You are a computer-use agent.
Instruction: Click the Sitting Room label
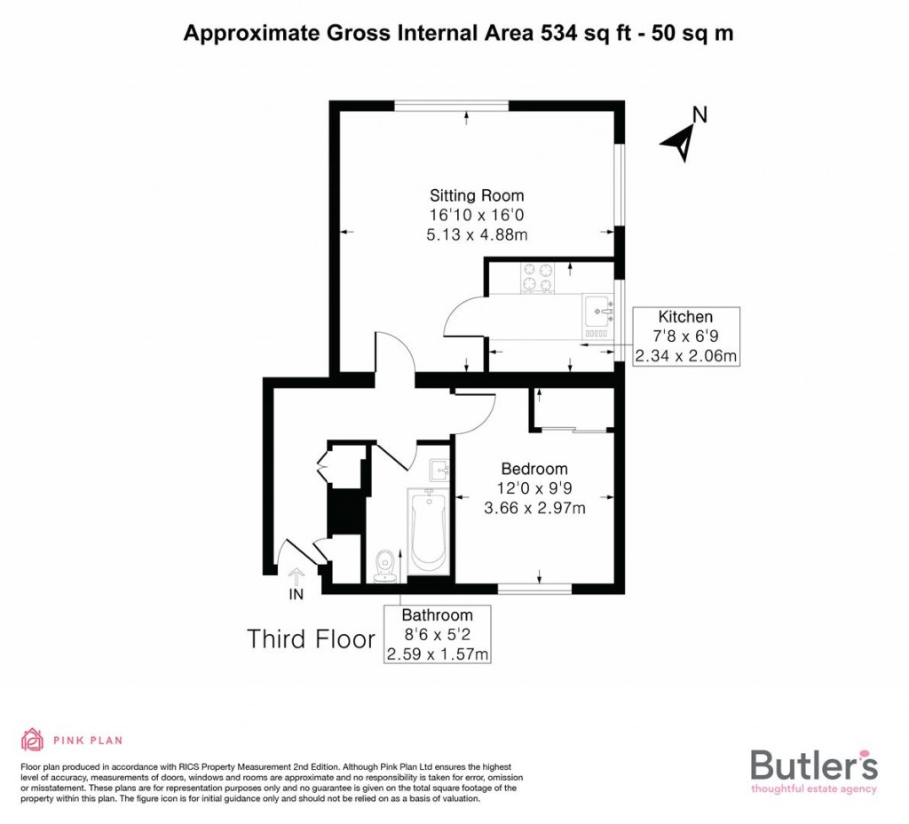(477, 195)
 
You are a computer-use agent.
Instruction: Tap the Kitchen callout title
(684, 317)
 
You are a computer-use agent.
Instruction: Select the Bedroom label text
(534, 469)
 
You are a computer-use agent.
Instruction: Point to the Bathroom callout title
(437, 614)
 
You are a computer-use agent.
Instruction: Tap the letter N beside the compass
(700, 115)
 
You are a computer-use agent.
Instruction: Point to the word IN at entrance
(296, 595)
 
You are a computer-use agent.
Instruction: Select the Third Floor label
(311, 639)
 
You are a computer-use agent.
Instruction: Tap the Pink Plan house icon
(32, 740)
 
